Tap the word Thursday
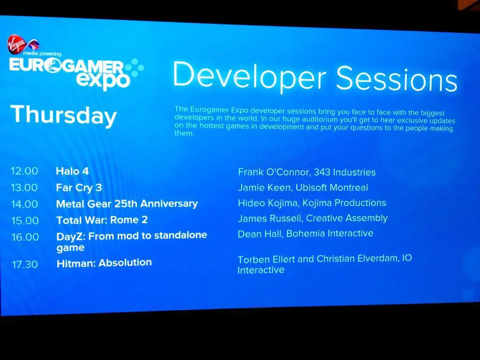tap(64, 115)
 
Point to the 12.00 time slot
tap(24, 171)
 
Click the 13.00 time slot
tap(24, 187)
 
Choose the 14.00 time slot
tap(25, 204)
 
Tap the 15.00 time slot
tap(25, 220)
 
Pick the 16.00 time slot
tap(25, 237)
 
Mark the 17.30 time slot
tap(25, 264)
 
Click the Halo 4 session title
tap(72, 171)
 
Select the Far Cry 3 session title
tap(79, 187)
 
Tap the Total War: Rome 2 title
tap(102, 220)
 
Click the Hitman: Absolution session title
tap(104, 263)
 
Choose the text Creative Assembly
tap(347, 218)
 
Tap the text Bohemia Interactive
tap(330, 233)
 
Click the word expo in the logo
tap(104, 81)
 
